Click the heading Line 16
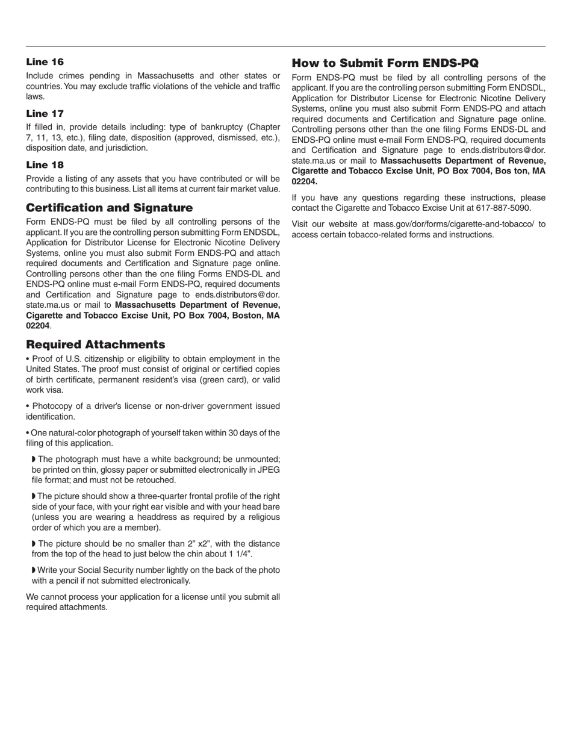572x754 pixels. click(x=45, y=62)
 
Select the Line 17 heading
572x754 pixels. click(x=45, y=114)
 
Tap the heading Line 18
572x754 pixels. click(x=45, y=165)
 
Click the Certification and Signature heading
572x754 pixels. click(x=109, y=208)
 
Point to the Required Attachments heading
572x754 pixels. click(x=95, y=344)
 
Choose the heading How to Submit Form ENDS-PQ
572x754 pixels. click(x=385, y=63)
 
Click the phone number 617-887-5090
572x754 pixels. click(x=501, y=208)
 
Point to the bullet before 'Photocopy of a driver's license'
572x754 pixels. click(x=28, y=407)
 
